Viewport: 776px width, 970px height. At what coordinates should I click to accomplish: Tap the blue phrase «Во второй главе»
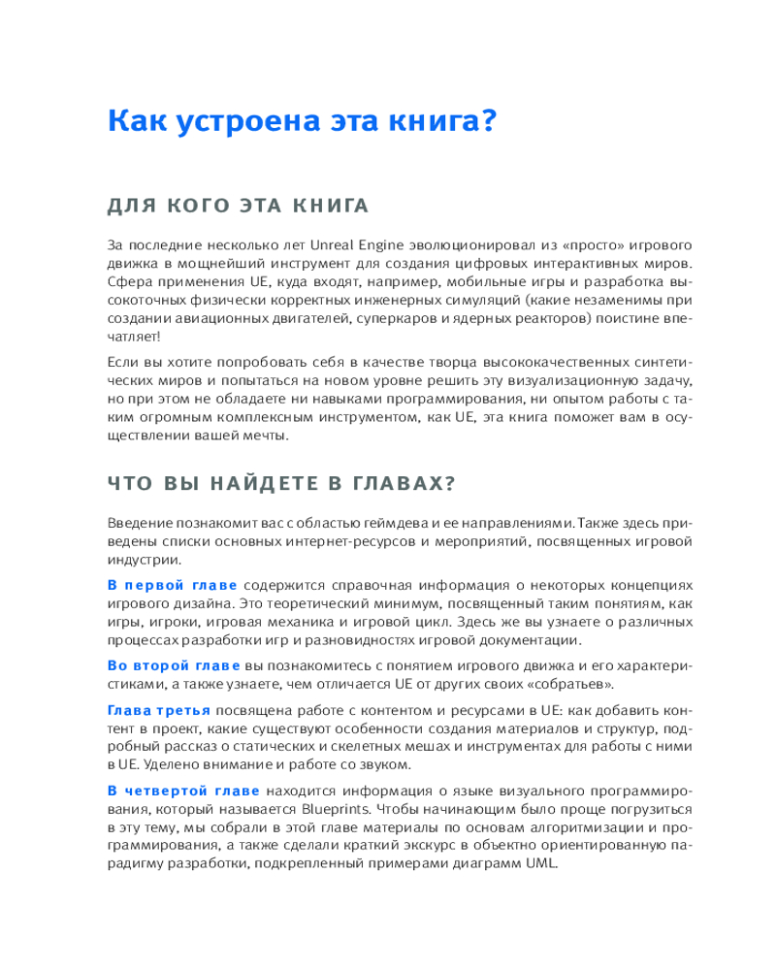[x=174, y=665]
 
